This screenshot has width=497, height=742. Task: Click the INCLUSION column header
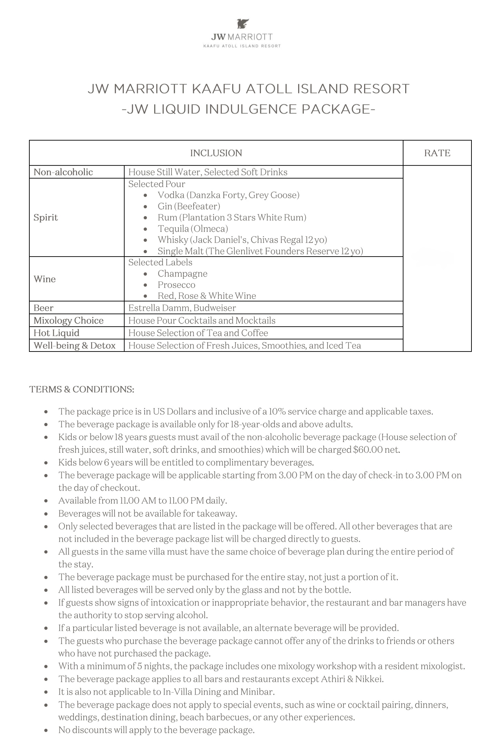point(216,153)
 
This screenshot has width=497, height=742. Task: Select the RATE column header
point(437,153)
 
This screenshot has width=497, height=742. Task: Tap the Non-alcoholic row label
point(63,172)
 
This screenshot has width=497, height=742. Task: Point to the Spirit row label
point(46,217)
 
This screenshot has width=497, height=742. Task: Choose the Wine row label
point(45,279)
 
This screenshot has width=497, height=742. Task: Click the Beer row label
point(43,308)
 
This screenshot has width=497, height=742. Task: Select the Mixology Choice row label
point(68,320)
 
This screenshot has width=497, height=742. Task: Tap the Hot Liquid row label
point(56,333)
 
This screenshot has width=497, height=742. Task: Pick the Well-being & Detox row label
point(74,345)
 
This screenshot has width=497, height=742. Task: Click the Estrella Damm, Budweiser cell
point(182,308)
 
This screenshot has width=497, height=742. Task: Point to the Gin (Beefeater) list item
point(189,206)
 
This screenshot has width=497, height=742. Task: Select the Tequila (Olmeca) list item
point(193,229)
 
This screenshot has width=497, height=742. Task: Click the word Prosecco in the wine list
point(176,285)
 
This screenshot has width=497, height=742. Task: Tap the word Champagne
point(182,273)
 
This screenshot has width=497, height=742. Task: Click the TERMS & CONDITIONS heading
point(82,389)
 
